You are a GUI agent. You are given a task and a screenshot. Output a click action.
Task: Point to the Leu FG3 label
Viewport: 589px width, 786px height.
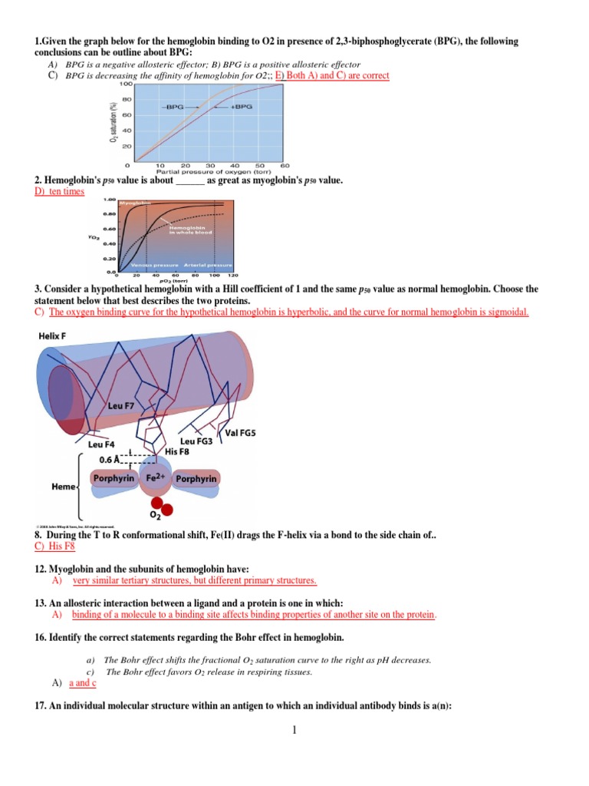pyautogui.click(x=196, y=441)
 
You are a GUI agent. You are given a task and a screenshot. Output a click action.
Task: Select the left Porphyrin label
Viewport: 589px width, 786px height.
pyautogui.click(x=113, y=478)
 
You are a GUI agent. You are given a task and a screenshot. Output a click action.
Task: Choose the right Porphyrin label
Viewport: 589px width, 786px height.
pyautogui.click(x=196, y=478)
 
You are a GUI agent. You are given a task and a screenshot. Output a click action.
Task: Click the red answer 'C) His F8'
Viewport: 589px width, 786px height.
pyautogui.click(x=55, y=547)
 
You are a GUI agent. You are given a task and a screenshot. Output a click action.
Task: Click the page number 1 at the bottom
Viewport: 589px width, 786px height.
pyautogui.click(x=294, y=730)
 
